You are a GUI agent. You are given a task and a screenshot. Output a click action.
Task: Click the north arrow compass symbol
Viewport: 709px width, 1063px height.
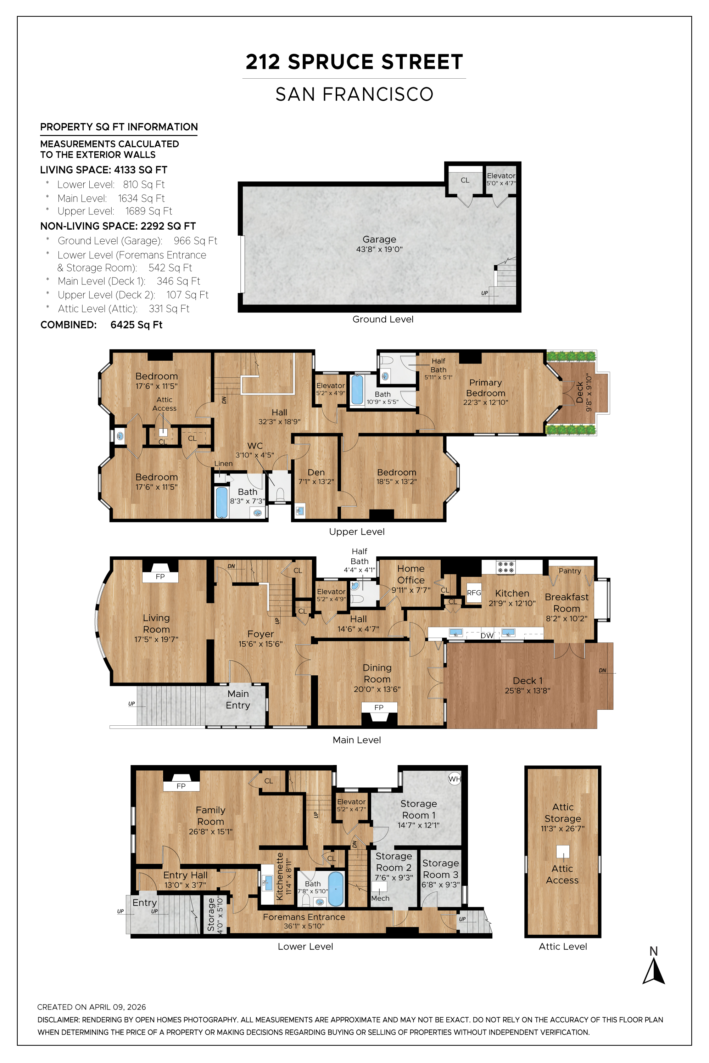pyautogui.click(x=653, y=972)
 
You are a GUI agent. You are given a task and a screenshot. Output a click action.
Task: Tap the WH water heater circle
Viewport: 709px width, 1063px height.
pyautogui.click(x=454, y=779)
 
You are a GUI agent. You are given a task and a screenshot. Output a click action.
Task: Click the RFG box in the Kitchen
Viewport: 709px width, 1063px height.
pyautogui.click(x=474, y=592)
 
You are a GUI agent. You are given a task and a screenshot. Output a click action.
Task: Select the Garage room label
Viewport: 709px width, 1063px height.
pyautogui.click(x=379, y=240)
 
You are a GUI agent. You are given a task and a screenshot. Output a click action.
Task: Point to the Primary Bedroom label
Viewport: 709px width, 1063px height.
pyautogui.click(x=486, y=388)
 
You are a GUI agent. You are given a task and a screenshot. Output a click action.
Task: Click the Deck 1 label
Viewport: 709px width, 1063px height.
pyautogui.click(x=528, y=681)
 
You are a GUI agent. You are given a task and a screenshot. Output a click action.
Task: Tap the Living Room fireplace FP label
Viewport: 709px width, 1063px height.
pyautogui.click(x=160, y=577)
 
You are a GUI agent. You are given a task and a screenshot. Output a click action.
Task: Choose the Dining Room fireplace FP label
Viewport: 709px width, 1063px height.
pyautogui.click(x=379, y=707)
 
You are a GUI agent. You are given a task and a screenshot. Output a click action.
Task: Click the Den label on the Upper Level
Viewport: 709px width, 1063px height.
pyautogui.click(x=316, y=472)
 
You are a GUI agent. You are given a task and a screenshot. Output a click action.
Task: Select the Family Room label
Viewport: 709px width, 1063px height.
pyautogui.click(x=211, y=816)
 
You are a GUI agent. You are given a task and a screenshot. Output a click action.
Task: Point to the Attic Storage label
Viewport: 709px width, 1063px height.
pyautogui.click(x=563, y=812)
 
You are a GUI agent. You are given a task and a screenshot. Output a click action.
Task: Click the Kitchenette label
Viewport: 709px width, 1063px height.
pyautogui.click(x=279, y=876)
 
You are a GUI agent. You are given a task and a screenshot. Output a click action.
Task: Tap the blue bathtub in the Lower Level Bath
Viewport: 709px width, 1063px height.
pyautogui.click(x=335, y=889)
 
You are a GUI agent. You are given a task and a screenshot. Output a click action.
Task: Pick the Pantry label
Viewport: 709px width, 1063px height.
pyautogui.click(x=570, y=571)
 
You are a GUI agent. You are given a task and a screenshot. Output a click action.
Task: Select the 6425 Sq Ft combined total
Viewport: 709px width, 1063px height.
pyautogui.click(x=136, y=325)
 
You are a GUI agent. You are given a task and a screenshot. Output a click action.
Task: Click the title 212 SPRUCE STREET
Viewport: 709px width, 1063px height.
pyautogui.click(x=354, y=62)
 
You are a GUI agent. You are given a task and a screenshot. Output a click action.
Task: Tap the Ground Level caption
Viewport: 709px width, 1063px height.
pyautogui.click(x=383, y=319)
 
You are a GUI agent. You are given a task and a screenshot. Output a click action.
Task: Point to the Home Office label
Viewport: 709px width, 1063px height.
pyautogui.click(x=411, y=574)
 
